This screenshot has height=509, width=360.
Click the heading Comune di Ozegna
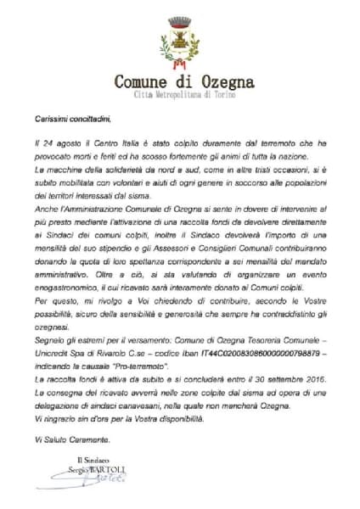pos(180,83)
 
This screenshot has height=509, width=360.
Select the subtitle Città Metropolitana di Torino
pos(180,98)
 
